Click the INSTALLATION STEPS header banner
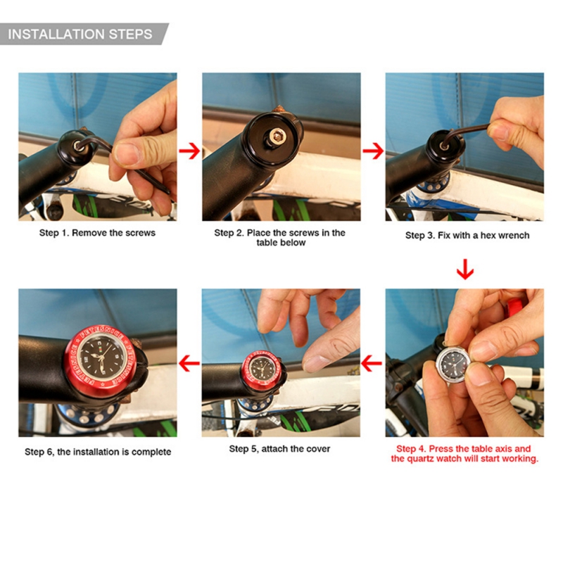(x=81, y=34)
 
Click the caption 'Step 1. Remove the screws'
(x=97, y=232)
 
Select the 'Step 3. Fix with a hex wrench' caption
(x=467, y=235)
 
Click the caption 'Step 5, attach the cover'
(x=279, y=449)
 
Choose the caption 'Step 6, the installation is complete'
(x=98, y=452)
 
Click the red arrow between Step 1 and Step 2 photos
(x=189, y=151)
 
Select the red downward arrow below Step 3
(x=464, y=270)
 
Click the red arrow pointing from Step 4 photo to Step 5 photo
(x=372, y=364)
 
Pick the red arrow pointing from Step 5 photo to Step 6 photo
(x=189, y=364)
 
